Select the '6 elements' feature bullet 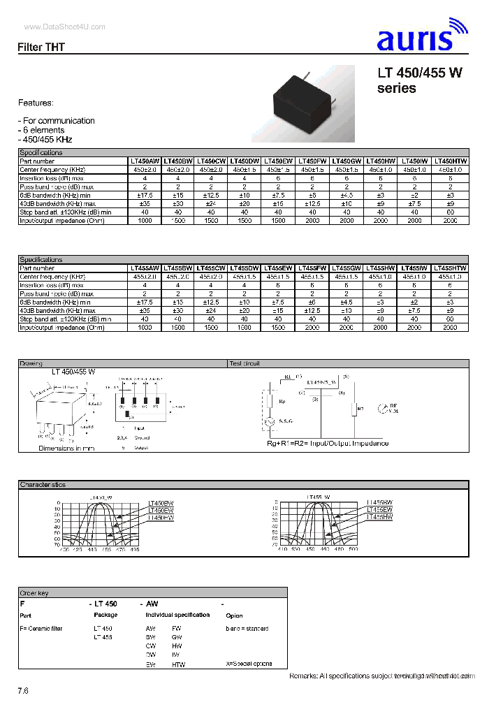point(43,130)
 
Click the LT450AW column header point(145,161)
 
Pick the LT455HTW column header point(450,268)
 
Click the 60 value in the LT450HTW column point(450,212)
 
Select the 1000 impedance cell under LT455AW point(145,327)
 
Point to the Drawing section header point(31,363)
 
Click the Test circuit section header point(245,363)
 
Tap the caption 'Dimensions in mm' point(66,448)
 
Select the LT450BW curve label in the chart point(161,504)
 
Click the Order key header point(34,593)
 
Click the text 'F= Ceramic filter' point(41,628)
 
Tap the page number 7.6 point(23,690)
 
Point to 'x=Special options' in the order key point(249,664)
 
